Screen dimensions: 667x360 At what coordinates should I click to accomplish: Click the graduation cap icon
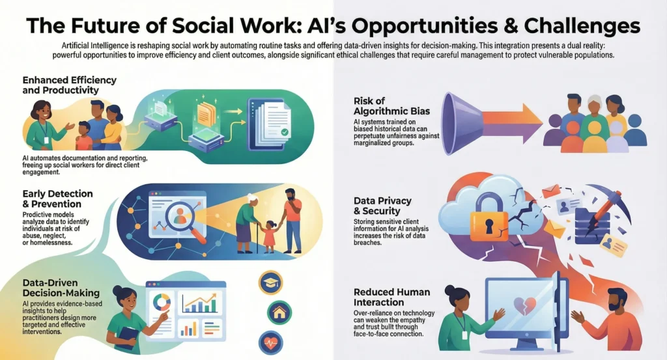click(270, 283)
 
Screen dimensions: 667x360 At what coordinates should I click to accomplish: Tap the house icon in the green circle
click(279, 313)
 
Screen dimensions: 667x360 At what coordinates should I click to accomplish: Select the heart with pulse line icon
click(270, 342)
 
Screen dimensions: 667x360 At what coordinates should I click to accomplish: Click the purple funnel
click(462, 123)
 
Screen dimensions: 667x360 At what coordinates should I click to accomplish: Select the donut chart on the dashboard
click(162, 302)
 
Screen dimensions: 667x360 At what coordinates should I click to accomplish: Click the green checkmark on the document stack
click(285, 133)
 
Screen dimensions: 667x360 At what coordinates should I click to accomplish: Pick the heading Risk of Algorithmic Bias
click(391, 106)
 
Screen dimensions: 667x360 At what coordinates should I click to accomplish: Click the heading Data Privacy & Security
click(382, 206)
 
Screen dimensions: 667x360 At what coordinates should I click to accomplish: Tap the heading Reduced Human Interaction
click(391, 297)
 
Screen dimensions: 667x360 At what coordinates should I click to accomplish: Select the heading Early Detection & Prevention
click(57, 199)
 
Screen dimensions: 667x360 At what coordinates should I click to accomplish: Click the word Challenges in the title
click(582, 25)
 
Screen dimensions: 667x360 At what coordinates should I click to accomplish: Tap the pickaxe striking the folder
click(602, 209)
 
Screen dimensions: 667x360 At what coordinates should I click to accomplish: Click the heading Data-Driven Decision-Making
click(61, 288)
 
